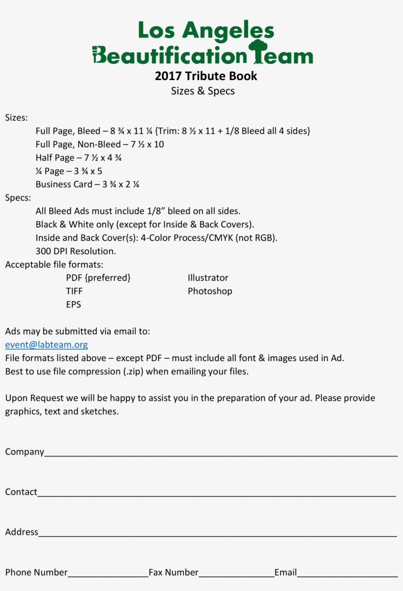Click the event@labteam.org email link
[x=47, y=345]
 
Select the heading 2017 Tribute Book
[x=206, y=76]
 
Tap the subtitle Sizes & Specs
[x=202, y=91]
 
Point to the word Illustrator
[x=208, y=278]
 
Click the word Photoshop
[x=210, y=291]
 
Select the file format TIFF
[x=74, y=291]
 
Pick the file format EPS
[x=74, y=305]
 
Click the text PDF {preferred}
[x=98, y=278]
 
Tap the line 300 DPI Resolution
[x=76, y=251]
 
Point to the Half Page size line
[x=79, y=158]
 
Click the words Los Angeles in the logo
[x=206, y=30]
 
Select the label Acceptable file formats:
[x=54, y=265]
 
